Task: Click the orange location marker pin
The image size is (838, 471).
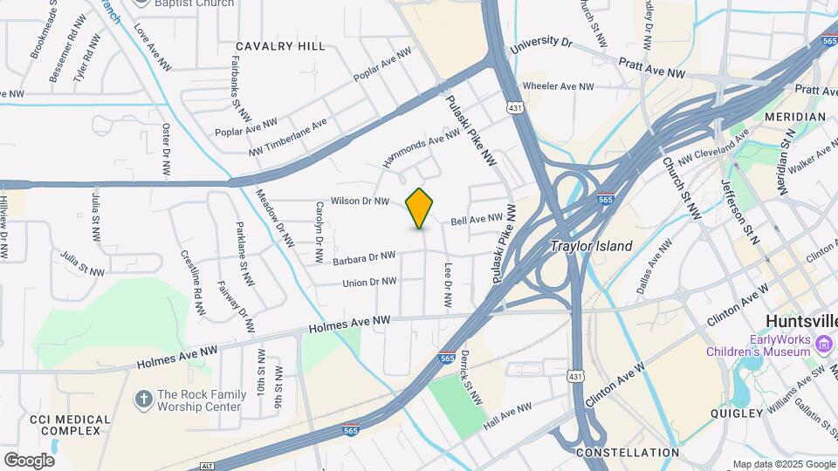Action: click(x=420, y=208)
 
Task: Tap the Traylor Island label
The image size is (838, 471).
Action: click(x=591, y=247)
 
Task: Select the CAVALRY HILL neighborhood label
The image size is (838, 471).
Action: click(x=280, y=46)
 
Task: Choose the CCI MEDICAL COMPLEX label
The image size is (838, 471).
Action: click(x=70, y=427)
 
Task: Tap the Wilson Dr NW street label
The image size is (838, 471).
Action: click(x=360, y=201)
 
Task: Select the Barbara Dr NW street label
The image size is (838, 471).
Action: click(x=364, y=258)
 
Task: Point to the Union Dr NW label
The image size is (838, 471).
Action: click(x=369, y=282)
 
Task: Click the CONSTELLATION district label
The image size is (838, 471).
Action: click(x=628, y=453)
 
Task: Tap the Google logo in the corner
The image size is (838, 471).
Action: click(x=29, y=460)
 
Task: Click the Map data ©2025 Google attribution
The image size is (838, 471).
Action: click(x=783, y=464)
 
